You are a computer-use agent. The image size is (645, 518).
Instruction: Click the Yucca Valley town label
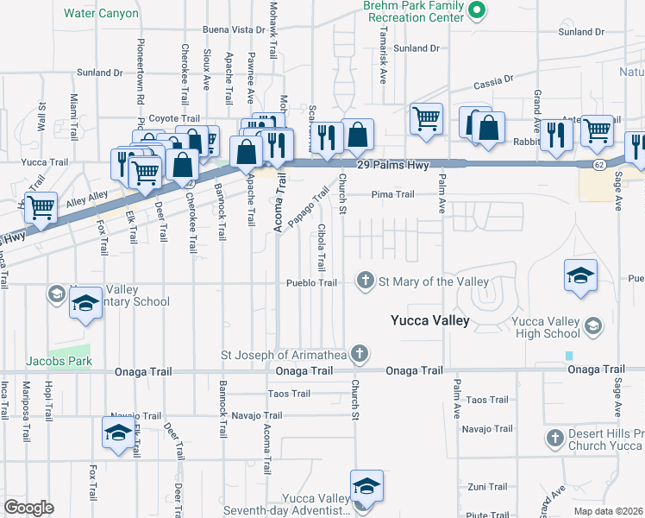tap(429, 321)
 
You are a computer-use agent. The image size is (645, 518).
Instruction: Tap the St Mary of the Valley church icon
tap(366, 281)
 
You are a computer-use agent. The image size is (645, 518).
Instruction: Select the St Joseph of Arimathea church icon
tap(360, 352)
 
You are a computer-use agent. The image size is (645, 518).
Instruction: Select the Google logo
tap(29, 508)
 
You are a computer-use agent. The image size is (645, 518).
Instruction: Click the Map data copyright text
tap(609, 511)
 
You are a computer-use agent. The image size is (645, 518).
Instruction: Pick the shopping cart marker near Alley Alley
tap(41, 207)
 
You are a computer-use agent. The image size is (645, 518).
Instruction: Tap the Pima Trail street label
tap(392, 195)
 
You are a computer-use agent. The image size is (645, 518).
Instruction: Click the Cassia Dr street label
tap(494, 83)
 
